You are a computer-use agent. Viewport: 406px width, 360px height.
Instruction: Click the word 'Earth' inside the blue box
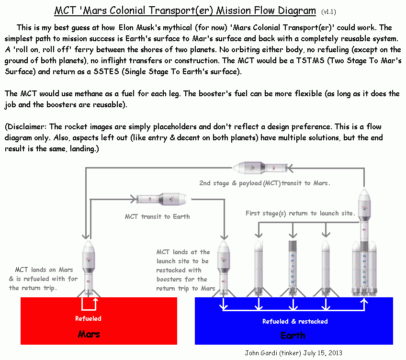(x=293, y=335)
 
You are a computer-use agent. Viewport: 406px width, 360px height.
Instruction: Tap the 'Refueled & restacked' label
(x=295, y=321)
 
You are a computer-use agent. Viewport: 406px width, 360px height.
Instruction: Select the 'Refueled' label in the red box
(x=88, y=318)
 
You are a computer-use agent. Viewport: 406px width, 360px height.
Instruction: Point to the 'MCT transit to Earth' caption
(x=157, y=216)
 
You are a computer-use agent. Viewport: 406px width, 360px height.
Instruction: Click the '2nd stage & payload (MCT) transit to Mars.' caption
(x=265, y=183)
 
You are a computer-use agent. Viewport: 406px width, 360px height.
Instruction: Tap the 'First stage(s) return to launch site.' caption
(x=300, y=213)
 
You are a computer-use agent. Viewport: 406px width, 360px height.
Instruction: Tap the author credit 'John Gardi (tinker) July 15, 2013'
(x=293, y=353)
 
